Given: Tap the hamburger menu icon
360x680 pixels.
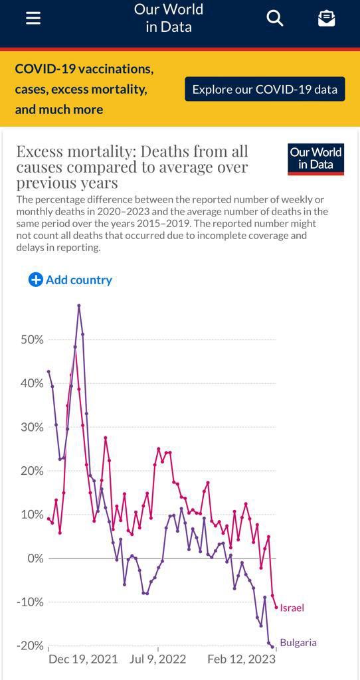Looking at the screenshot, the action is pos(33,18).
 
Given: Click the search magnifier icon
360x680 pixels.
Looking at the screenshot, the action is pos(274,18).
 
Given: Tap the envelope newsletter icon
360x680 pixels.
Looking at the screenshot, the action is pos(326,18).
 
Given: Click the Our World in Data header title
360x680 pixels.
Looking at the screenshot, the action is pos(169,18).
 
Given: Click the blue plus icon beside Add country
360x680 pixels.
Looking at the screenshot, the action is pos(35,280).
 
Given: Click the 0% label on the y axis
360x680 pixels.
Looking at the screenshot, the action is pos(35,558).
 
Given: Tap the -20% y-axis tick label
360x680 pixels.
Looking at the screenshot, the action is pos(30,645).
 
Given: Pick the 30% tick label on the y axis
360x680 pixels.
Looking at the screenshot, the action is pos(32,427).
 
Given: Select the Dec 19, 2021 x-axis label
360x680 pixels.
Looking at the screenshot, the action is pos(83,659).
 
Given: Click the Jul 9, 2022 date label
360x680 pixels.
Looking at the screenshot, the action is pos(157,659).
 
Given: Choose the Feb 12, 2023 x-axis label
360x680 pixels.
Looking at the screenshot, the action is pos(242,659).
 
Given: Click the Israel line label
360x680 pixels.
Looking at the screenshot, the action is pos(292,608).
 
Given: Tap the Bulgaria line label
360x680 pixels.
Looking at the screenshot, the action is pos(298,643).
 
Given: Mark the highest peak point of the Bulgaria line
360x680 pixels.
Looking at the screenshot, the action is pos(79,305).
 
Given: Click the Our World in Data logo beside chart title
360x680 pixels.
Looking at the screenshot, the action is pos(315,159).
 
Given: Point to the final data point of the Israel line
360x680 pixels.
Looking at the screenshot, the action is pos(276,607).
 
